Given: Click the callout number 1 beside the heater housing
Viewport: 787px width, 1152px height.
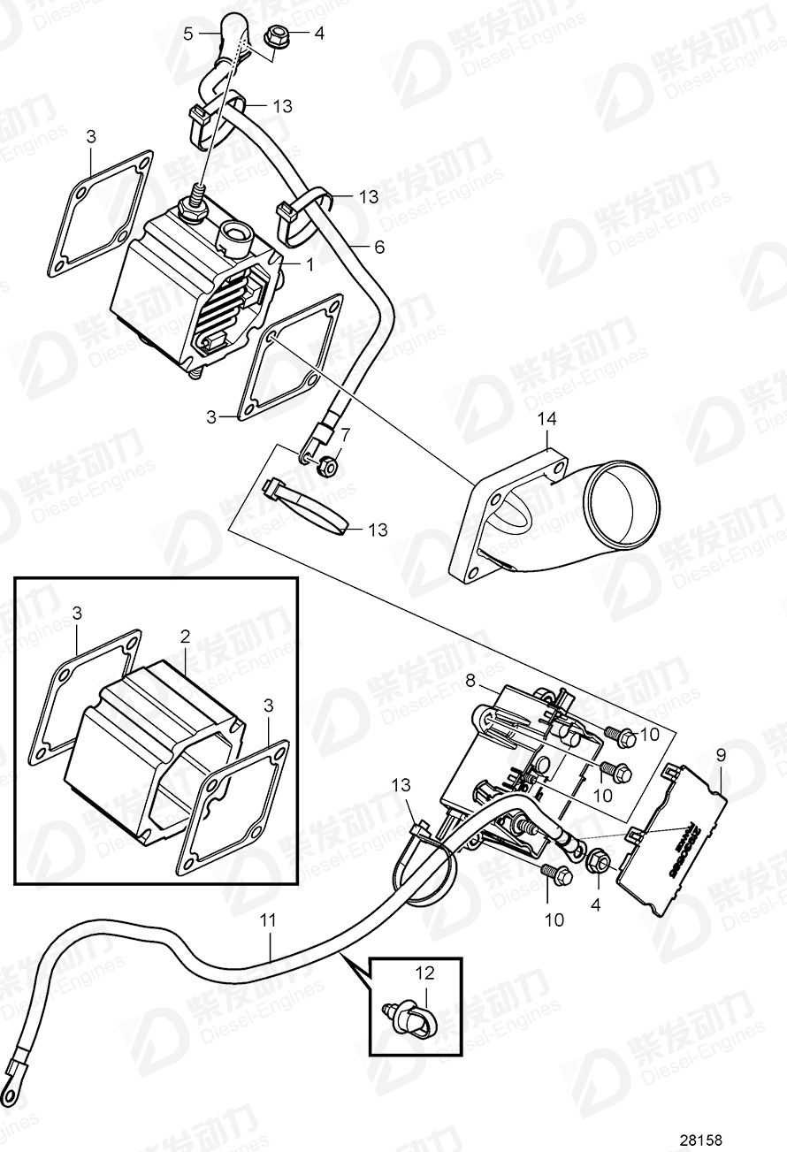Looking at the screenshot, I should pos(309,264).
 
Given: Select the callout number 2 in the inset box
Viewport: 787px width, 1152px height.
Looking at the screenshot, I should pos(186,636).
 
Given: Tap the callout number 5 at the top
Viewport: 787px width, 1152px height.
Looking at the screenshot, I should pos(187,34).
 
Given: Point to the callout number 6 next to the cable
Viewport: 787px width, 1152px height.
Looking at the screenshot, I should pos(379,248).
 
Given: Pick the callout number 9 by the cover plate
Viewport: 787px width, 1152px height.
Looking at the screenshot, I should pos(720,756).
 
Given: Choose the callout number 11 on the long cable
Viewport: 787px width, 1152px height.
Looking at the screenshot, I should pos(268,920).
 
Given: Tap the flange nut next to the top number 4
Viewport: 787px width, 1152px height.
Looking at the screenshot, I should pos(272,38).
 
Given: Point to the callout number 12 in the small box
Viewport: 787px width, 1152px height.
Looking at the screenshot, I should pos(425,973).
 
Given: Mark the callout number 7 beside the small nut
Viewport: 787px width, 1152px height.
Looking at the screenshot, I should pos(345,434).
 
